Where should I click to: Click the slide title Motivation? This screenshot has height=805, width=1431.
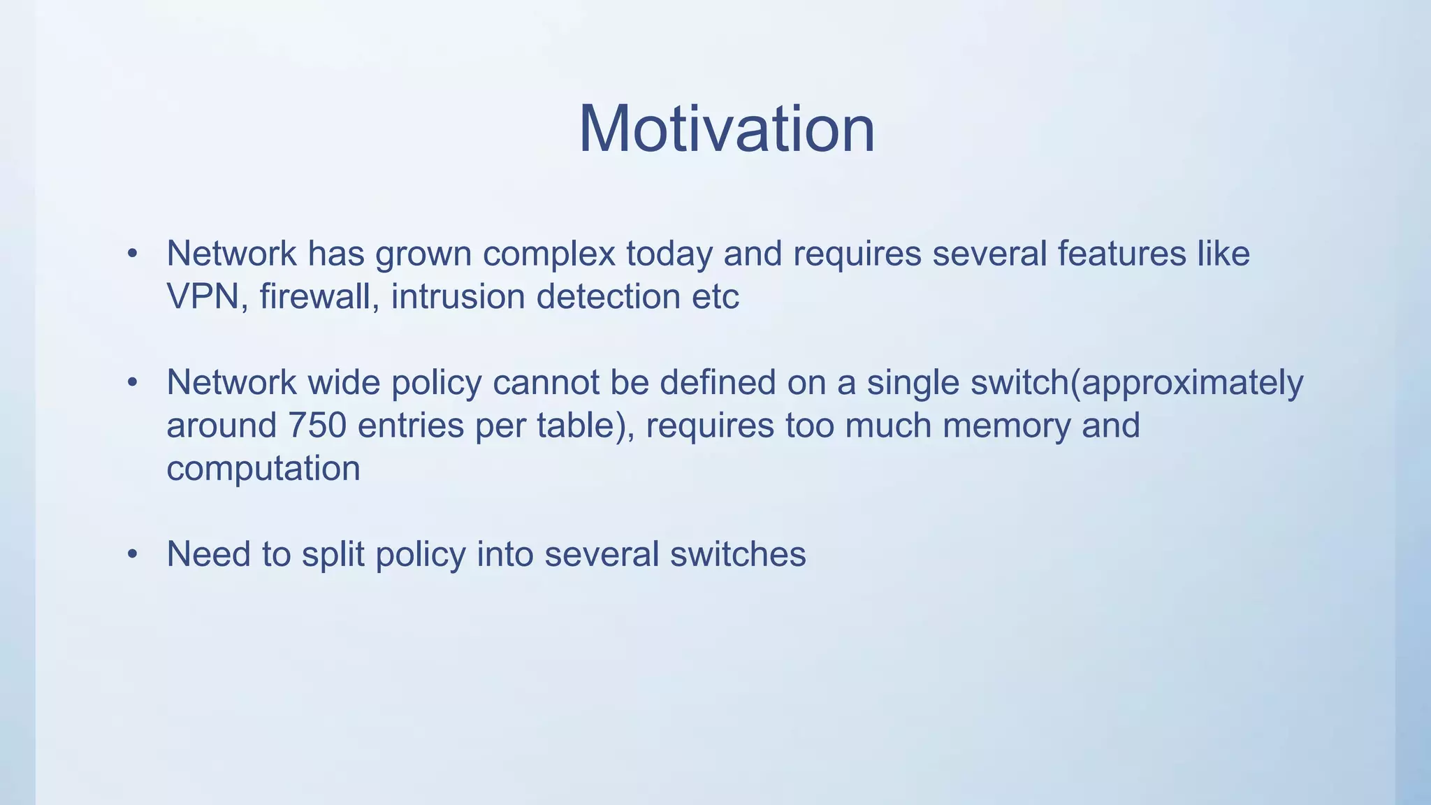726,129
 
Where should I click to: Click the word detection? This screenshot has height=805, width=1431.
608,296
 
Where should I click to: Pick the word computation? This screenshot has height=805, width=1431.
263,468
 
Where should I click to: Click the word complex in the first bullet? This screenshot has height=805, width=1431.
549,254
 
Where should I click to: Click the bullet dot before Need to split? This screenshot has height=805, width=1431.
133,554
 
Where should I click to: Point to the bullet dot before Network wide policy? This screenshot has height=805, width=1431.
133,382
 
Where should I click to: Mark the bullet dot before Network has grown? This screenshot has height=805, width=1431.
133,254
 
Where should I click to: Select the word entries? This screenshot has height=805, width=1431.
411,425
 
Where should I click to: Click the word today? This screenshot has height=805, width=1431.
669,254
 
